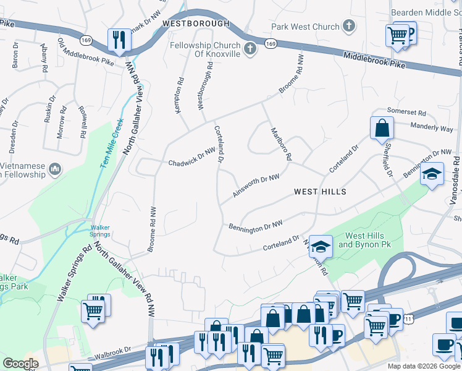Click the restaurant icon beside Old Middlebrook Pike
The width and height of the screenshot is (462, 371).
pos(118,40)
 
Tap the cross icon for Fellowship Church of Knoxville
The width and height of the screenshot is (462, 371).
pos(250,49)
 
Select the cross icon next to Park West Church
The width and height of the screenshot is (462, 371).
pos(349,27)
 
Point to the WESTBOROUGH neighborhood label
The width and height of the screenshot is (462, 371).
pos(196,23)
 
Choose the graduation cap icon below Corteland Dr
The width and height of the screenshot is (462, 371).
pos(321,247)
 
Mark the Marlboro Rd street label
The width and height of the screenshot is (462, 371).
pos(280,145)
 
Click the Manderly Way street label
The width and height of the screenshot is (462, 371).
pos(432,128)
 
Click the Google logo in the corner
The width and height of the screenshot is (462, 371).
pos(20,364)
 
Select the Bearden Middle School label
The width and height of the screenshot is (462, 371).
pos(426,12)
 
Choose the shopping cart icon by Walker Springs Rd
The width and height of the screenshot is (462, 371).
pos(93,310)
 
